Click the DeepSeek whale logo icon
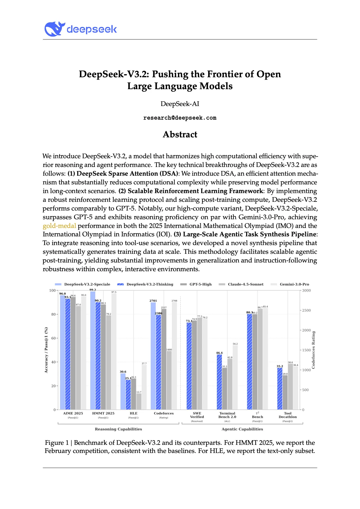coord(54,29)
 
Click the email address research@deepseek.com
coord(180,118)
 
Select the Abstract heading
coord(180,134)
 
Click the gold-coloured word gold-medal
coord(59,226)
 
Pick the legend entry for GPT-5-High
coord(200,284)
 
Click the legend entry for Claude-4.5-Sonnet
coord(246,284)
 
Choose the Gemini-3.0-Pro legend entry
coord(294,284)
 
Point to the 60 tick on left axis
coord(54,338)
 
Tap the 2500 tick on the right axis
coord(306,310)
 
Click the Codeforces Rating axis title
coord(313,350)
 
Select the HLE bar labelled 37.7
coord(144,387)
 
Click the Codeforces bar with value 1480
coord(169,380)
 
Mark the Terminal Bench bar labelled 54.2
coord(235,377)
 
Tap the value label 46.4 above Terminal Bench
coord(219,353)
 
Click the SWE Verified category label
coord(197,415)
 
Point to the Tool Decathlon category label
coord(287,415)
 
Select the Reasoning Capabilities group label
coord(118,429)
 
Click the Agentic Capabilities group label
coord(242,429)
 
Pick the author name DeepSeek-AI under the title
coord(180,104)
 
